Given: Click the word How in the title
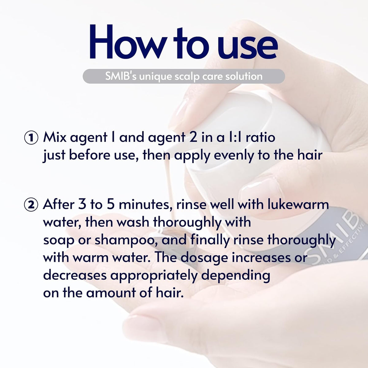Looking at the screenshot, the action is pyautogui.click(x=126, y=42).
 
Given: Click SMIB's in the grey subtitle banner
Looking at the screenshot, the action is pyautogui.click(x=121, y=76).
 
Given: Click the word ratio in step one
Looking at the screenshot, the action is pyautogui.click(x=260, y=137).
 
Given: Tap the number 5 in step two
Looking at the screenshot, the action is pyautogui.click(x=111, y=205).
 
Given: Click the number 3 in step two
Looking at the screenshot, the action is pyautogui.click(x=82, y=205).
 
